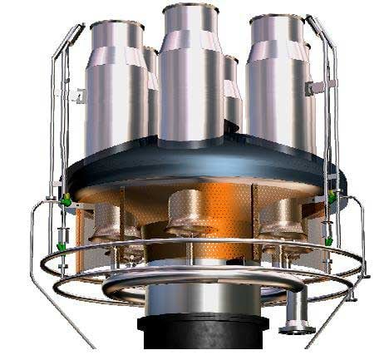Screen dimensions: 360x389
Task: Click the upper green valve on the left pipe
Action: (65, 200)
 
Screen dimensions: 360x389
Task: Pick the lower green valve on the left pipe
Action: (62, 247)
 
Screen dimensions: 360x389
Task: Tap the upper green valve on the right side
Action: (332, 197)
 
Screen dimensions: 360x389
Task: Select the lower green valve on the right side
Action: (328, 241)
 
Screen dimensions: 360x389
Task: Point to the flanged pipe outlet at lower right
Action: (293, 320)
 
